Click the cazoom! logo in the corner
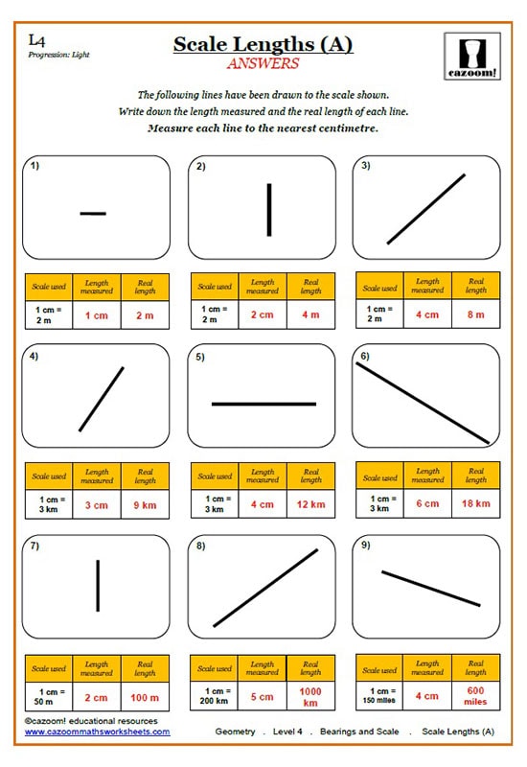472,58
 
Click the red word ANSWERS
263,64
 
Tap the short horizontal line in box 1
93,213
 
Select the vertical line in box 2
269,209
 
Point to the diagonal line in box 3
426,209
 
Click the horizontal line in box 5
263,404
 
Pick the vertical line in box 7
98,585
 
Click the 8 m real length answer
476,314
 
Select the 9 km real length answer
145,503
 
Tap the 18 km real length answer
476,503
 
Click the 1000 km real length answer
310,696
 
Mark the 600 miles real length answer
476,696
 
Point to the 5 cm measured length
262,696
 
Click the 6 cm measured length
427,503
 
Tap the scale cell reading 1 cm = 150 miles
379,696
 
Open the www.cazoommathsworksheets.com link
97,732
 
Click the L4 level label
36,40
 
